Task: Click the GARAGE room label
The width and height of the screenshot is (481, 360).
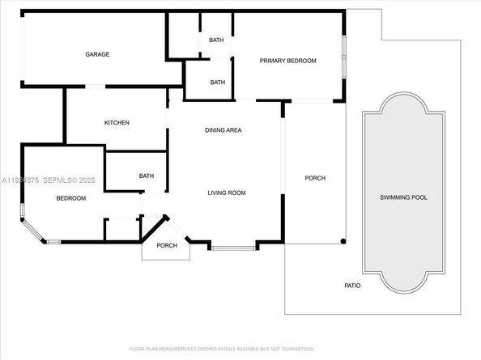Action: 98,54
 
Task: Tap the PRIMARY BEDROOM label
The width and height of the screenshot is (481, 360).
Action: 287,61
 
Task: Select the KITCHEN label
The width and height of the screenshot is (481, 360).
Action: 117,123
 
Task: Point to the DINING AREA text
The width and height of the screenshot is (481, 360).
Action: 223,130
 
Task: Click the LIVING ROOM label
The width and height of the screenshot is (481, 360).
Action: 227,193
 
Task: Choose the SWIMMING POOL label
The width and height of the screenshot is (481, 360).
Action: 403,197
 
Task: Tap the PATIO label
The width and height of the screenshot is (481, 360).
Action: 351,286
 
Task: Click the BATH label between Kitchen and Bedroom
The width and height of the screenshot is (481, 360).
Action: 147,176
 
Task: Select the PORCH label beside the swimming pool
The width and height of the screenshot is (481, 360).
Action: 315,178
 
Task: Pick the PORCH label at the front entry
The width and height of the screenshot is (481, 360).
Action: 167,246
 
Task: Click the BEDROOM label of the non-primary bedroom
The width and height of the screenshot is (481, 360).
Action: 70,198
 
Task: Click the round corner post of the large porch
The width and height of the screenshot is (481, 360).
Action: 343,241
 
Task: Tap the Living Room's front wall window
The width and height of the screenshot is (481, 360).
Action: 233,247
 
